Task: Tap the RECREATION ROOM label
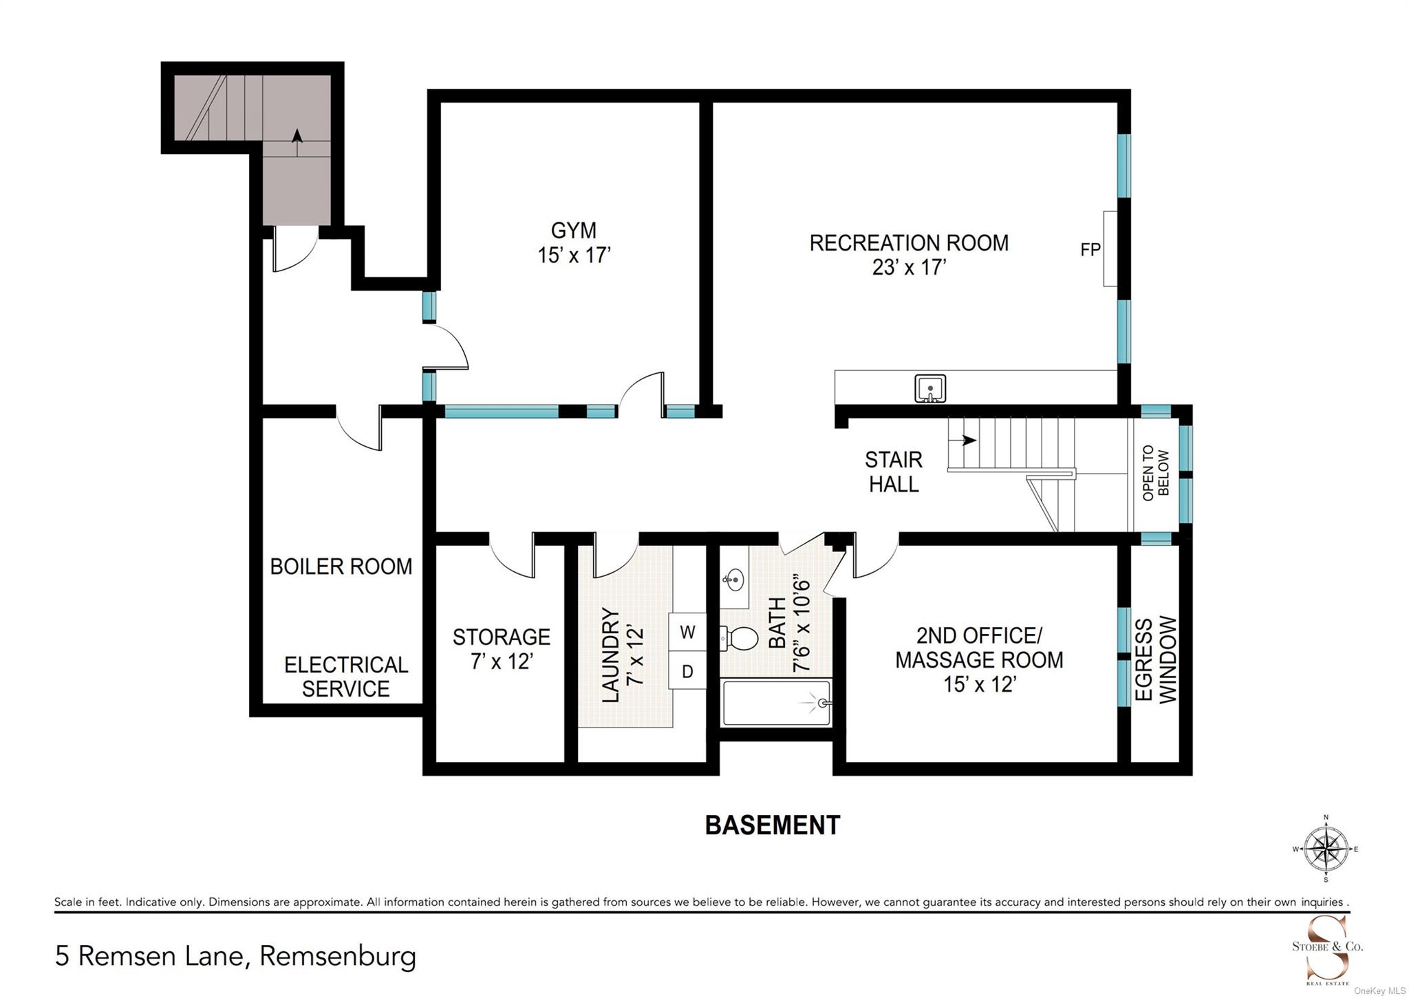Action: pos(909,243)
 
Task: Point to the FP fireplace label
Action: pos(1090,249)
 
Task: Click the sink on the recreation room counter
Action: pos(930,388)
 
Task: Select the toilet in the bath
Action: pos(738,639)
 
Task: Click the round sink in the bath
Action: pos(733,580)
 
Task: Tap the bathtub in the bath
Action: pos(776,703)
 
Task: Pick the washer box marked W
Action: pos(687,633)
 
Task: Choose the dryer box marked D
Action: pos(687,671)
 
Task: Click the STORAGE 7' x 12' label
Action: pos(501,649)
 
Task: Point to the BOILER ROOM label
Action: pos(341,566)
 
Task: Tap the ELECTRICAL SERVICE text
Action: pos(346,677)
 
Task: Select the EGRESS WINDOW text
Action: pos(1156,659)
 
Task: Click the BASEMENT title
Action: pos(773,825)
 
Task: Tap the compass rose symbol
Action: pos(1326,849)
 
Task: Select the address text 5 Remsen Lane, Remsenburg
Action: pos(235,957)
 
